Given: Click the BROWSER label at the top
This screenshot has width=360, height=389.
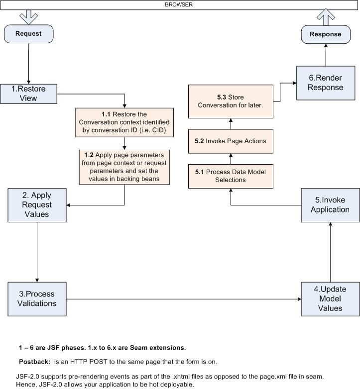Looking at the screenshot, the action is [x=179, y=4].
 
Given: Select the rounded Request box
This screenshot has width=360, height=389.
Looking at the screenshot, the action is [x=28, y=34].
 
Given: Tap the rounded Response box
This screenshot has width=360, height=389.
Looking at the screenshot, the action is [x=326, y=34].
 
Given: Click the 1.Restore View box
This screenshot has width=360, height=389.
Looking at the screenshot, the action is [x=28, y=94].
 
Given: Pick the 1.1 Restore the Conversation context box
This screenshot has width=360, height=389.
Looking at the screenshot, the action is [x=124, y=122].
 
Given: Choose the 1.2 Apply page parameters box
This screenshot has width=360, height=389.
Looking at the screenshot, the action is [x=124, y=167].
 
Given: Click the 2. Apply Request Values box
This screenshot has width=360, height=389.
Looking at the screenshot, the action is [x=37, y=205].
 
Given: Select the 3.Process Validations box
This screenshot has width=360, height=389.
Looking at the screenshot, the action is [x=37, y=299].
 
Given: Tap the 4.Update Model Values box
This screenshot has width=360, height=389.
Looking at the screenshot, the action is [x=331, y=299].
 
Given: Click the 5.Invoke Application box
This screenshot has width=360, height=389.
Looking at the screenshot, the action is [x=331, y=205].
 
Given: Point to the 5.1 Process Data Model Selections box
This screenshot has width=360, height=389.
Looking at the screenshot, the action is [x=231, y=176].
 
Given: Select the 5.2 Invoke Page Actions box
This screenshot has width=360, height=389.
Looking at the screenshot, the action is [x=231, y=141].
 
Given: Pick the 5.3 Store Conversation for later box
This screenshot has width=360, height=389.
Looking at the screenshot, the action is [x=231, y=101].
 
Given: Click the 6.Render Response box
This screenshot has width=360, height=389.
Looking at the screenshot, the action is [x=326, y=83].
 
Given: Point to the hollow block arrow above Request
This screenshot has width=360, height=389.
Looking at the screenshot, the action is [x=28, y=17].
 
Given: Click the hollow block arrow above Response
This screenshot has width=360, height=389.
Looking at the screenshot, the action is [x=326, y=17].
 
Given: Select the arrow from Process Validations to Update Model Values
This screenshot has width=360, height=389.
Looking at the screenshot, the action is [x=184, y=299].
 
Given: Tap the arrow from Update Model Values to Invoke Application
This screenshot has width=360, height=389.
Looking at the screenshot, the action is [x=331, y=252].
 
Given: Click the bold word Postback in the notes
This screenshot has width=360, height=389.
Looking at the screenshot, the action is [x=34, y=362].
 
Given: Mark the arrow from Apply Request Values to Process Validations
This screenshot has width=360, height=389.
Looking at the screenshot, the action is [x=37, y=252].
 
